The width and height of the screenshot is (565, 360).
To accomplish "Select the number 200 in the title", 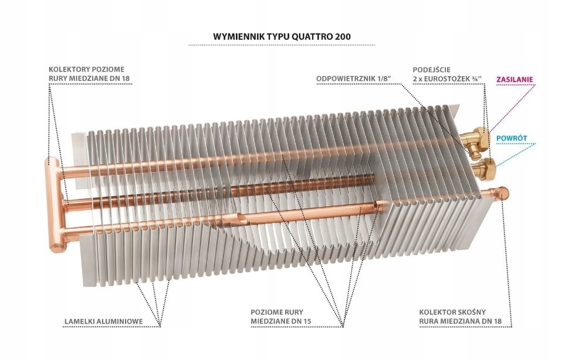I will pyautogui.click(x=344, y=36).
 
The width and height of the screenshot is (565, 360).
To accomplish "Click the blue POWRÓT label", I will pyautogui.click(x=512, y=138).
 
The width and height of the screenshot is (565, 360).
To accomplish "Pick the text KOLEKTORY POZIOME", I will pyautogui.click(x=86, y=69).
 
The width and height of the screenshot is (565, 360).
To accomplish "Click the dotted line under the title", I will pyautogui.click(x=282, y=45).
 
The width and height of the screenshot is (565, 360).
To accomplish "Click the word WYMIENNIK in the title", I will pyautogui.click(x=238, y=36).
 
